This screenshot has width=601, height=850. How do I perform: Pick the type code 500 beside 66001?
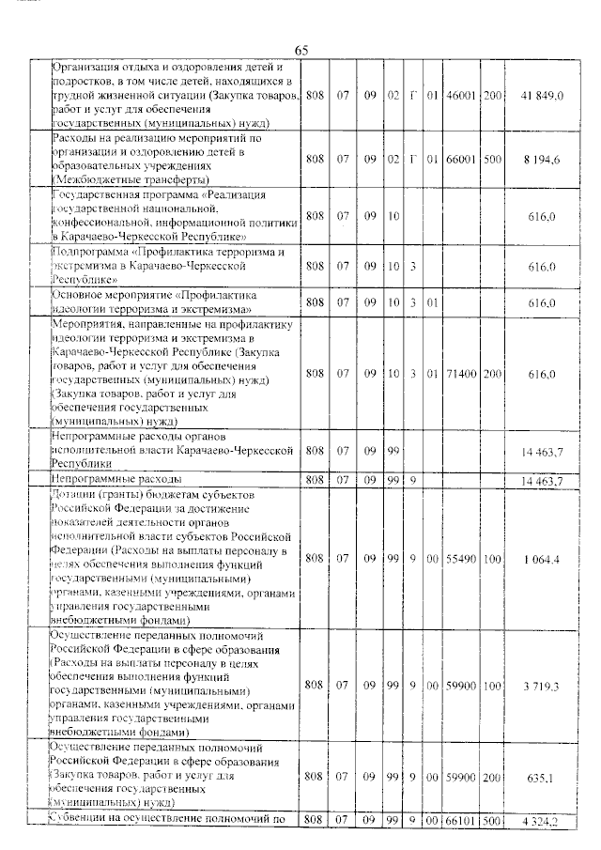click(493, 157)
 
